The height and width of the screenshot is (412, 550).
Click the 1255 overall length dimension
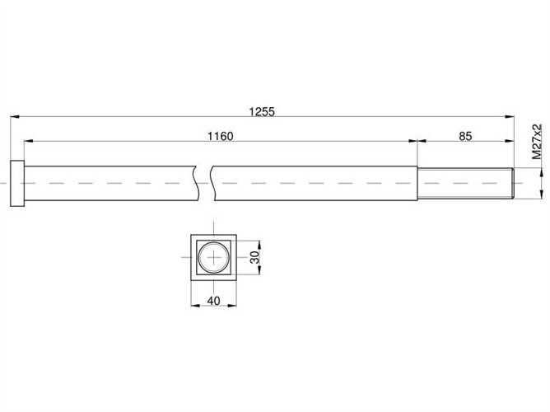[x=262, y=111]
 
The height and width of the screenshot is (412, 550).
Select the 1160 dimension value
[x=221, y=136]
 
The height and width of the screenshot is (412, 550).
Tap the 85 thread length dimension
[x=465, y=136]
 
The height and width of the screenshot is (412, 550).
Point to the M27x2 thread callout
[x=537, y=142]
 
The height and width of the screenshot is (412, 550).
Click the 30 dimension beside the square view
[x=256, y=257]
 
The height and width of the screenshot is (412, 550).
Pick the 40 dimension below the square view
[x=213, y=301]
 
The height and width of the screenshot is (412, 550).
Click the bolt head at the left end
[x=17, y=184]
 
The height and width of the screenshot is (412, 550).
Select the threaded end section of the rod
[x=466, y=184]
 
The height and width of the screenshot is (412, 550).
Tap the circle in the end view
[x=213, y=241]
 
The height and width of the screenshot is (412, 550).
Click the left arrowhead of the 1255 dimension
[x=15, y=116]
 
